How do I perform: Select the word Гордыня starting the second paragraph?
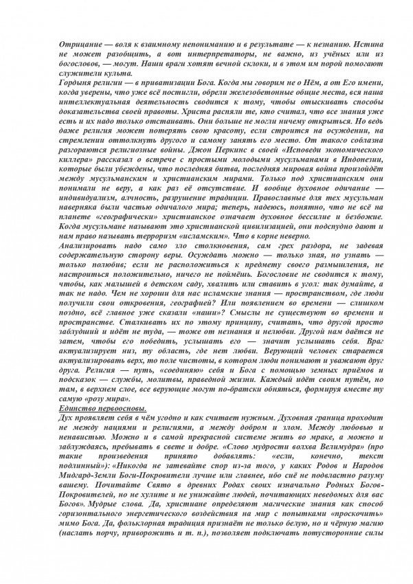[x=77, y=82]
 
